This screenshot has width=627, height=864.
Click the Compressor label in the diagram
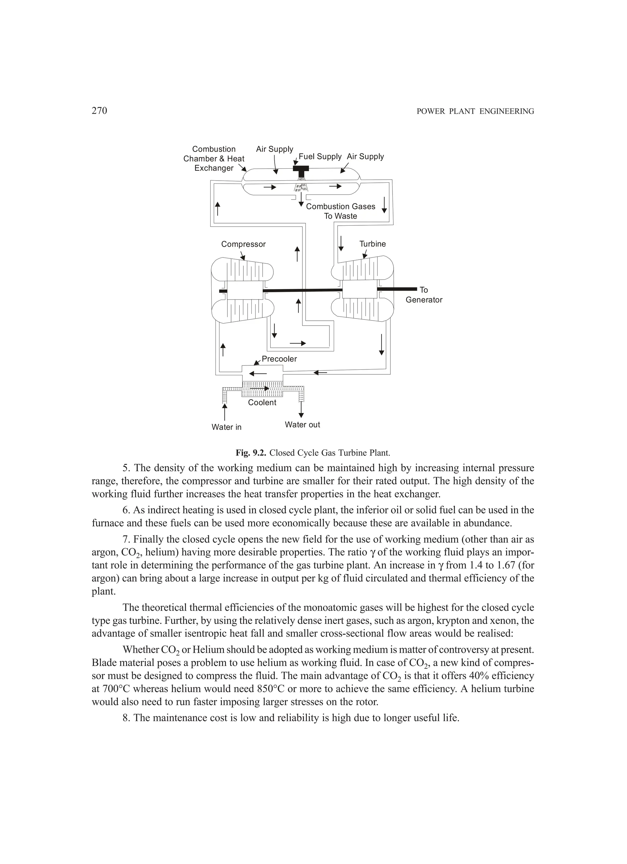[243, 244]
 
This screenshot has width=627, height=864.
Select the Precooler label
[279, 359]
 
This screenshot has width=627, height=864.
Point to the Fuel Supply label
[320, 157]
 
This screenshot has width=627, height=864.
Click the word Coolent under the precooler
[262, 403]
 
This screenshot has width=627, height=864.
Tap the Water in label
[226, 427]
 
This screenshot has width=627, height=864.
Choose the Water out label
[302, 425]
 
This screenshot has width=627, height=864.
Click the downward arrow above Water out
[301, 410]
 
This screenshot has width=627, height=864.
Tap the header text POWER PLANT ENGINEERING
[475, 111]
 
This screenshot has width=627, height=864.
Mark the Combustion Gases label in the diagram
[340, 206]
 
